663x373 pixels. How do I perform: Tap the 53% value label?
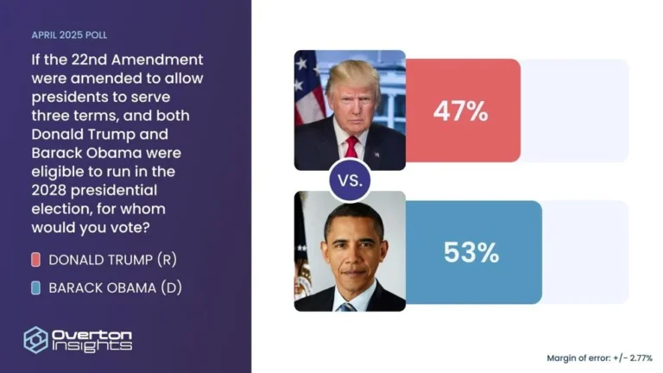click(x=471, y=252)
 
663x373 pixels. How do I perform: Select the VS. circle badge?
click(x=350, y=181)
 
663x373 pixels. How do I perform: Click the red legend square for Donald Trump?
click(x=35, y=260)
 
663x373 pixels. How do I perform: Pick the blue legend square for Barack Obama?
click(x=35, y=288)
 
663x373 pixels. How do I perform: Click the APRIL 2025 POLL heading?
click(x=69, y=35)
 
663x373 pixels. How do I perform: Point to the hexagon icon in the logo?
click(x=35, y=339)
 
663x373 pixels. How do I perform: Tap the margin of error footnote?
click(x=599, y=357)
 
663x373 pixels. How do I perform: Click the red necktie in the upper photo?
click(x=351, y=146)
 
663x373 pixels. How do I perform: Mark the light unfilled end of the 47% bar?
click(x=574, y=111)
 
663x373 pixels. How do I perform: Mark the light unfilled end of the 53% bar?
click(x=584, y=252)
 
